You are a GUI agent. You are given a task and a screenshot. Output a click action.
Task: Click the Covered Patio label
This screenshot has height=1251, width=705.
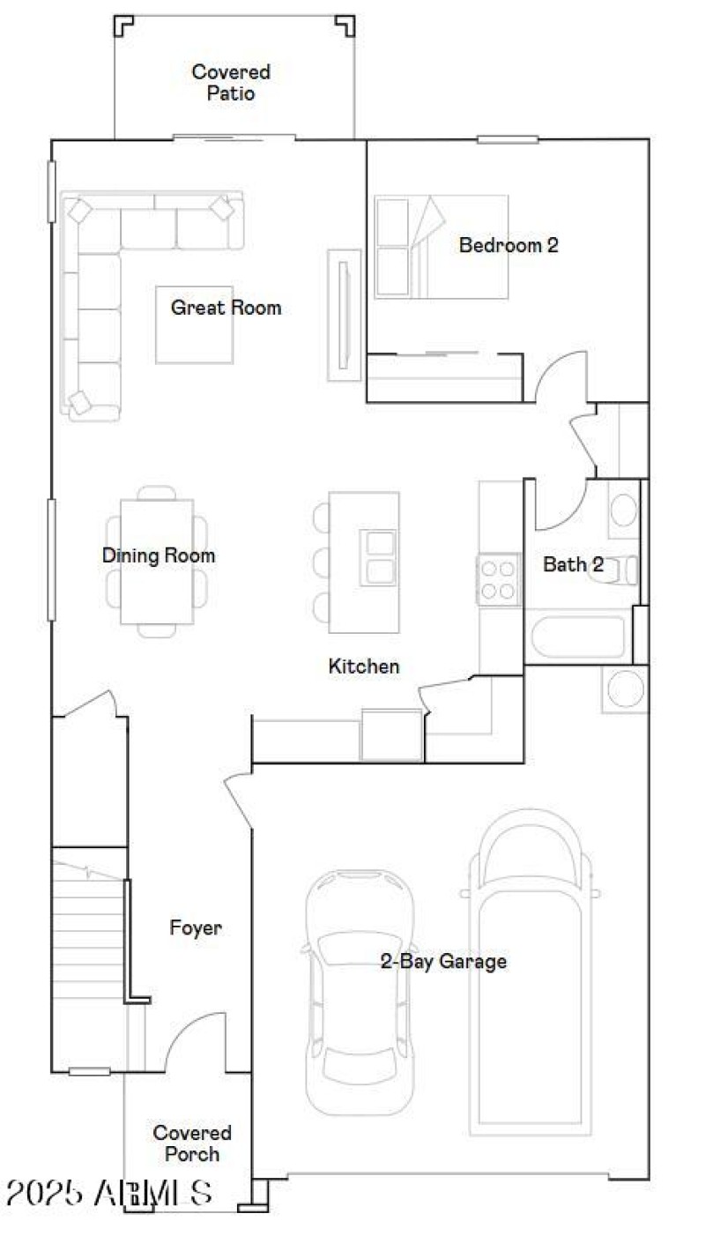(x=231, y=82)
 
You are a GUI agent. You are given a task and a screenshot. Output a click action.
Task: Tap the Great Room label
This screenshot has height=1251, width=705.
(x=226, y=308)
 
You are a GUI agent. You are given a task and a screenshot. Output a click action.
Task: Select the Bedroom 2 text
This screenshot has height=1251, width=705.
(x=508, y=245)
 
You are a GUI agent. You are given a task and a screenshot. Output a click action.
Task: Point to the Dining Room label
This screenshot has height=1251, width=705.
(x=159, y=555)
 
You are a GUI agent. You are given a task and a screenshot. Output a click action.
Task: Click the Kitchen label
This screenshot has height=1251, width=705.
(x=364, y=666)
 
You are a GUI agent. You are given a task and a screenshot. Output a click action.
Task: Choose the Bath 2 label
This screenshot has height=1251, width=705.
(x=573, y=564)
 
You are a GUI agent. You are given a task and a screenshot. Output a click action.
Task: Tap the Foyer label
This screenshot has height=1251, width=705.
(x=196, y=927)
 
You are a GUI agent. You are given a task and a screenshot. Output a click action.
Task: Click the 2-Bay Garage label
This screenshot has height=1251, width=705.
(x=443, y=961)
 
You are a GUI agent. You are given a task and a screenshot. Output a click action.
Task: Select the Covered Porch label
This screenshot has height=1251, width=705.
(x=192, y=1143)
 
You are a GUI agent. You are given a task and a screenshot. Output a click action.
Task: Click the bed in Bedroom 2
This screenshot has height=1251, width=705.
(x=441, y=247)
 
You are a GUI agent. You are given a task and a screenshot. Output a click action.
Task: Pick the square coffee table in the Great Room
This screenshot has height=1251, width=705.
(x=194, y=324)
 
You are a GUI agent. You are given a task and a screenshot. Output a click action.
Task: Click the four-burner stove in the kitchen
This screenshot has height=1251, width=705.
(x=498, y=579)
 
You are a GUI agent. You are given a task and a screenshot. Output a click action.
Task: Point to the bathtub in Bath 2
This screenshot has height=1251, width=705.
(x=576, y=637)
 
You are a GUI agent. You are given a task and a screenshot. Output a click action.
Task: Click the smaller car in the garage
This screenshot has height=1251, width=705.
(x=360, y=992)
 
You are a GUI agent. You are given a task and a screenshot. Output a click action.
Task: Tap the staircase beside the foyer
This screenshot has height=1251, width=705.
(x=88, y=935)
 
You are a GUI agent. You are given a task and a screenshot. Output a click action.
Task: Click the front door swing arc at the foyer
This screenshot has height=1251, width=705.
(x=189, y=1040)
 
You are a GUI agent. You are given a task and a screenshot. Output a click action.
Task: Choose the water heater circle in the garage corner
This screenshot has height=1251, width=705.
(x=626, y=689)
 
